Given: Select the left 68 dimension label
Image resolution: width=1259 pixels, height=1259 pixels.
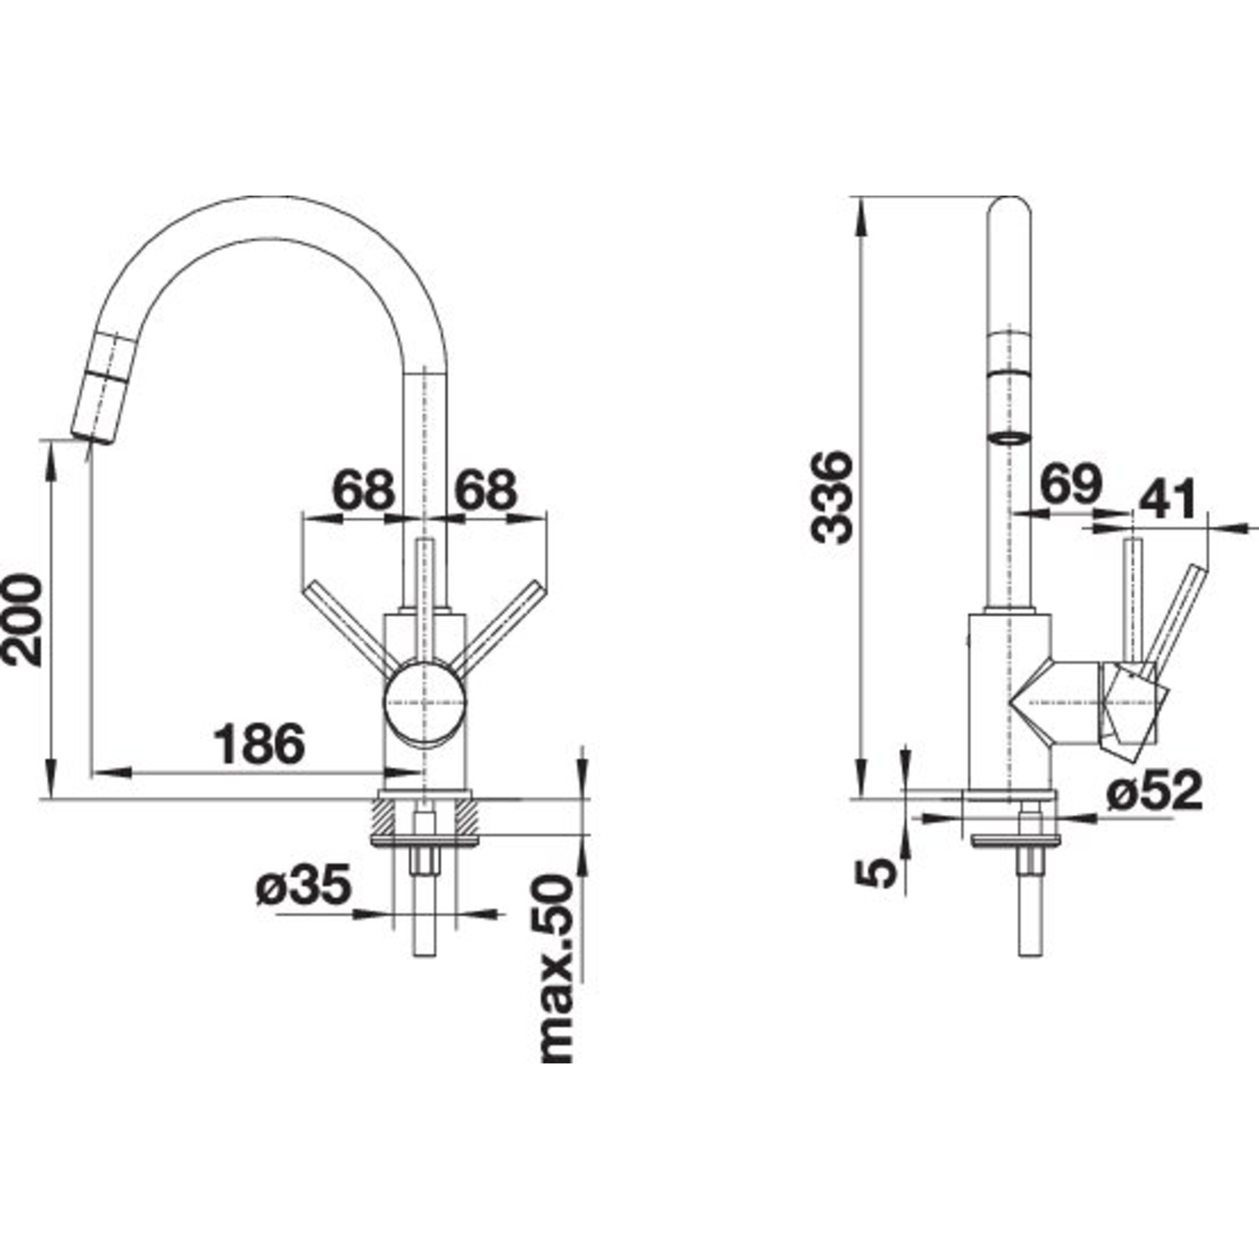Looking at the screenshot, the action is [x=363, y=489].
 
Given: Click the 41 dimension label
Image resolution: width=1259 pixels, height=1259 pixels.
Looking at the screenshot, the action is [x=1167, y=500].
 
